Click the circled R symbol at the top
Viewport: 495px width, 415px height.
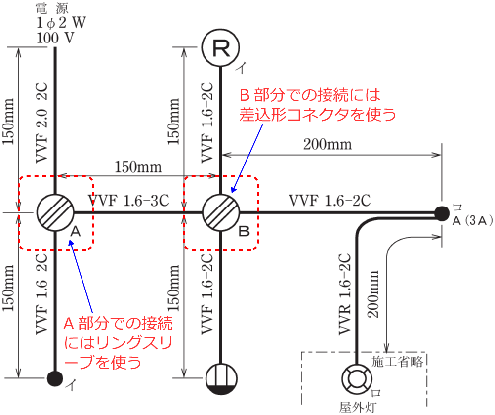221,47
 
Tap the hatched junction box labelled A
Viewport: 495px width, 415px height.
55,212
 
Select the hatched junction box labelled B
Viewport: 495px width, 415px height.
221,212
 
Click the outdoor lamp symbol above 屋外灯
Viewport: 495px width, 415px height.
355,380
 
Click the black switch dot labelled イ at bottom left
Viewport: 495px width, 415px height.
55,378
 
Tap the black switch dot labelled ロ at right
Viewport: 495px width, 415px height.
439,213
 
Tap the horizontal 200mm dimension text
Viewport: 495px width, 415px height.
328,144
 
